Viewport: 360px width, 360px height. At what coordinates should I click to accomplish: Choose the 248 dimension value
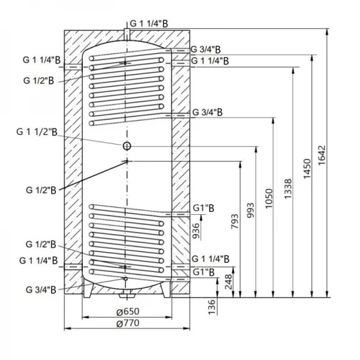tap(228, 282)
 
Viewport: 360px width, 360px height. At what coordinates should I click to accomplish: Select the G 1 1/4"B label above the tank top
tap(151, 22)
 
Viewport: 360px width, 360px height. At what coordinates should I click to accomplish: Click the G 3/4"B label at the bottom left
tap(41, 290)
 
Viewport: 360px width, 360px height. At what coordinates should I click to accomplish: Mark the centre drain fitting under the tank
tap(127, 295)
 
